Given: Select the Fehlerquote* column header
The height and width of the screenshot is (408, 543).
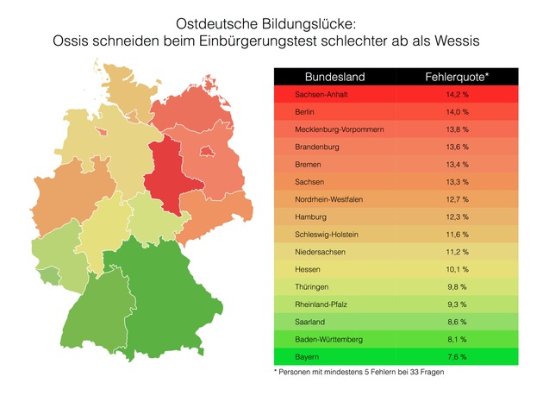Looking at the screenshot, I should coord(458,77).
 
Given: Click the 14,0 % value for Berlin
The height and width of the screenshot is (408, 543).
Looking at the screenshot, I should coord(458,112).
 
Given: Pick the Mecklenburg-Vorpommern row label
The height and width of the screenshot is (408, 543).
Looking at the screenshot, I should coord(339,129).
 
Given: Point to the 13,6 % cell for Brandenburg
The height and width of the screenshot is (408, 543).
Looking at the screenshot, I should coord(458,147).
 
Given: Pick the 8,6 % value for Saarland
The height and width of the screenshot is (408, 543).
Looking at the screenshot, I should coord(458,321).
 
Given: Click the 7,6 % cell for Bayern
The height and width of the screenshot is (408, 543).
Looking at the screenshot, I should coord(458,356).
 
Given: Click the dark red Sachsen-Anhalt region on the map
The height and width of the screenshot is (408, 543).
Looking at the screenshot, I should coord(168,177).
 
